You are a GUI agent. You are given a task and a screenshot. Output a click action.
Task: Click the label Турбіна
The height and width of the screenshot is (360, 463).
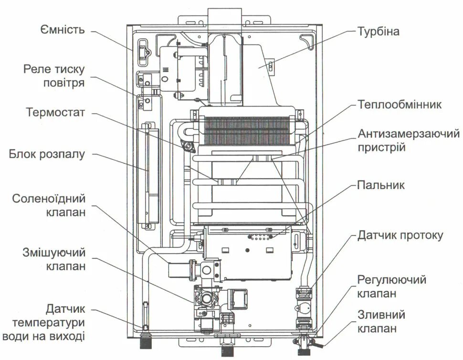tap(378, 32)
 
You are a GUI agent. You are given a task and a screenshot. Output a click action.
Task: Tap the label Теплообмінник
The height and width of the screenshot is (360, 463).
tap(400, 104)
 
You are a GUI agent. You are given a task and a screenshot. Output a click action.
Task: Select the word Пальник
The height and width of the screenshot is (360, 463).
tap(381, 185)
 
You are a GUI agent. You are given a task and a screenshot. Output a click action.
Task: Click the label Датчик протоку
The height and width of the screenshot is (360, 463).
tap(400, 235)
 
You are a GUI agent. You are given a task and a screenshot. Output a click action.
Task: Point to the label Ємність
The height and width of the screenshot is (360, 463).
tap(63, 30)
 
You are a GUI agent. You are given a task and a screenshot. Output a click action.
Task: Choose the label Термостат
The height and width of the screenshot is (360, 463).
tap(55, 113)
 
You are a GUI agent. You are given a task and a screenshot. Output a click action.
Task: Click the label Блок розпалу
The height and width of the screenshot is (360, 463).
tap(47, 154)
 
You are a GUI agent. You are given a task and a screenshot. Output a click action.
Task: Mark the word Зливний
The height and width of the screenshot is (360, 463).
tap(381, 315)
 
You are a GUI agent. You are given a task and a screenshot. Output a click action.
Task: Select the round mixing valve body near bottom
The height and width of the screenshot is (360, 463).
tap(207, 299)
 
